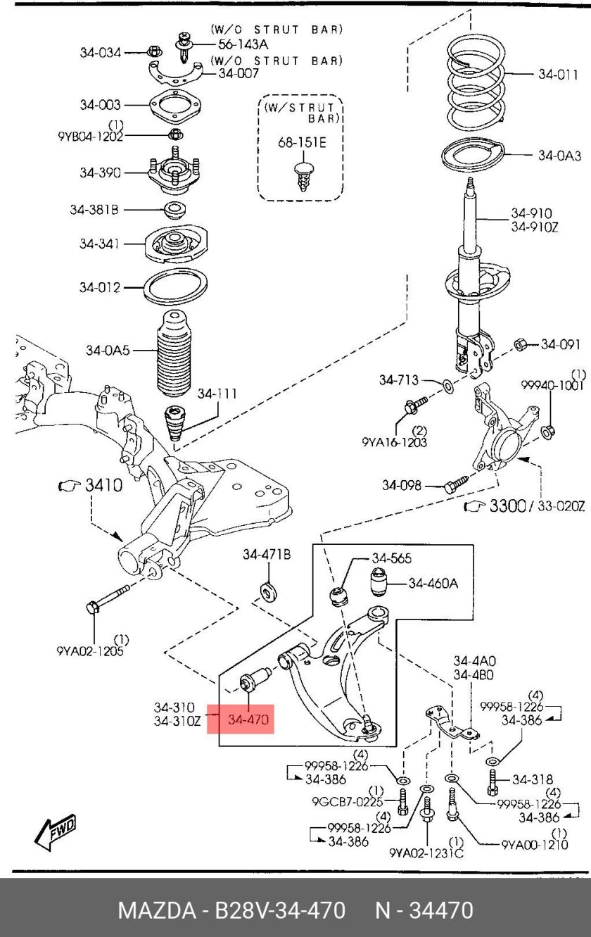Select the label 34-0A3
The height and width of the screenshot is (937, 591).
(x=559, y=156)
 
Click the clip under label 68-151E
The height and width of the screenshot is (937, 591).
(x=303, y=175)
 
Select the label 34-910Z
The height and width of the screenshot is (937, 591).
(x=534, y=226)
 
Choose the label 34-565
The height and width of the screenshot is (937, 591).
(x=391, y=558)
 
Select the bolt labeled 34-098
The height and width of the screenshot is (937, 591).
(x=455, y=484)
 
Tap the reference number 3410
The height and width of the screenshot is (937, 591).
(x=103, y=485)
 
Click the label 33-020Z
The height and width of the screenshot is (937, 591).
(x=561, y=506)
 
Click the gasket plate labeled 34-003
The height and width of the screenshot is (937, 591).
(x=173, y=106)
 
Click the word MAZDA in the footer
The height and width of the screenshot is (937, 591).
(x=156, y=910)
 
